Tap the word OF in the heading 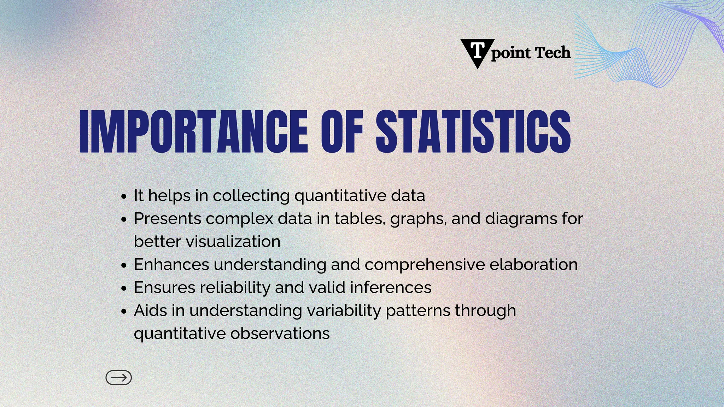click(342, 131)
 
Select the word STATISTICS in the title click(473, 131)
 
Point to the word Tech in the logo click(553, 53)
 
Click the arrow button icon click(119, 378)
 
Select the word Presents click(168, 218)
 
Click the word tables click(360, 218)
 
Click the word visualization click(233, 242)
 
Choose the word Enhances click(171, 264)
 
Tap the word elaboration click(533, 264)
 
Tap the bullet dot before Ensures click(123, 288)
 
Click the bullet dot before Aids click(123, 311)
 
